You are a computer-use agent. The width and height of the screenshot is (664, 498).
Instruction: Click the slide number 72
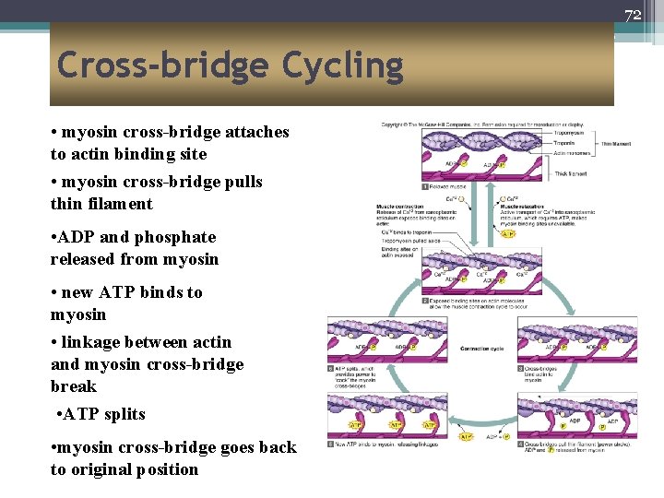point(633,15)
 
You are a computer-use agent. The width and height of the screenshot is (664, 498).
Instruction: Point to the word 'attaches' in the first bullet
point(256,132)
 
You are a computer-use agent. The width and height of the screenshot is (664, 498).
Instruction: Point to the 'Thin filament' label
point(617,143)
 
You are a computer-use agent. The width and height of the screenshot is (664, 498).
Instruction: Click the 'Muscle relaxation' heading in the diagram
point(522,207)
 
